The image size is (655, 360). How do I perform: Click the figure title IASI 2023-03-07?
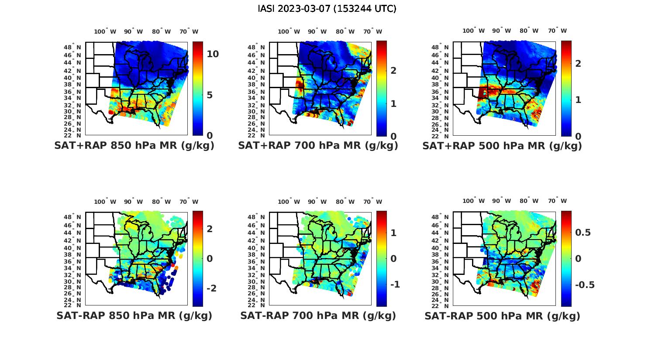[x=327, y=9]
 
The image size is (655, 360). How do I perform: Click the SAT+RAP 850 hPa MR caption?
[x=134, y=146]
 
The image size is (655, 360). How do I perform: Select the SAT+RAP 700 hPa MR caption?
[x=318, y=146]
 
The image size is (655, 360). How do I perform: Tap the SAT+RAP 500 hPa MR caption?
[x=502, y=146]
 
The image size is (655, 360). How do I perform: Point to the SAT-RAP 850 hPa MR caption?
[x=134, y=315]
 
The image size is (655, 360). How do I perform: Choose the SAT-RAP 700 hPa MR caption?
[x=318, y=315]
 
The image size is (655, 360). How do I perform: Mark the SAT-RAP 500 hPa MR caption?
[x=502, y=315]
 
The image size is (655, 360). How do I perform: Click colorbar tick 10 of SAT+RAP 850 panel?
[x=213, y=54]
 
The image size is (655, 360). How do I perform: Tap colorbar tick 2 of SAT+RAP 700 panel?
[x=393, y=70]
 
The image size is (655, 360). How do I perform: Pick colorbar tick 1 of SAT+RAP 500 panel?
[x=578, y=99]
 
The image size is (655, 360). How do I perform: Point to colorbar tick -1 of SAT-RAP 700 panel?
[x=395, y=285]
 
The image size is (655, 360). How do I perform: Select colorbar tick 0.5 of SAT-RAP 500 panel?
[x=583, y=232]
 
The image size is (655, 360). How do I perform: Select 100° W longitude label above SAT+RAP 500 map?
[x=474, y=31]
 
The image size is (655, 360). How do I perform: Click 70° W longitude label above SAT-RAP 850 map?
[x=189, y=202]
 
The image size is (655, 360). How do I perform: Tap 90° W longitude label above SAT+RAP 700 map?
[x=317, y=31]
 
